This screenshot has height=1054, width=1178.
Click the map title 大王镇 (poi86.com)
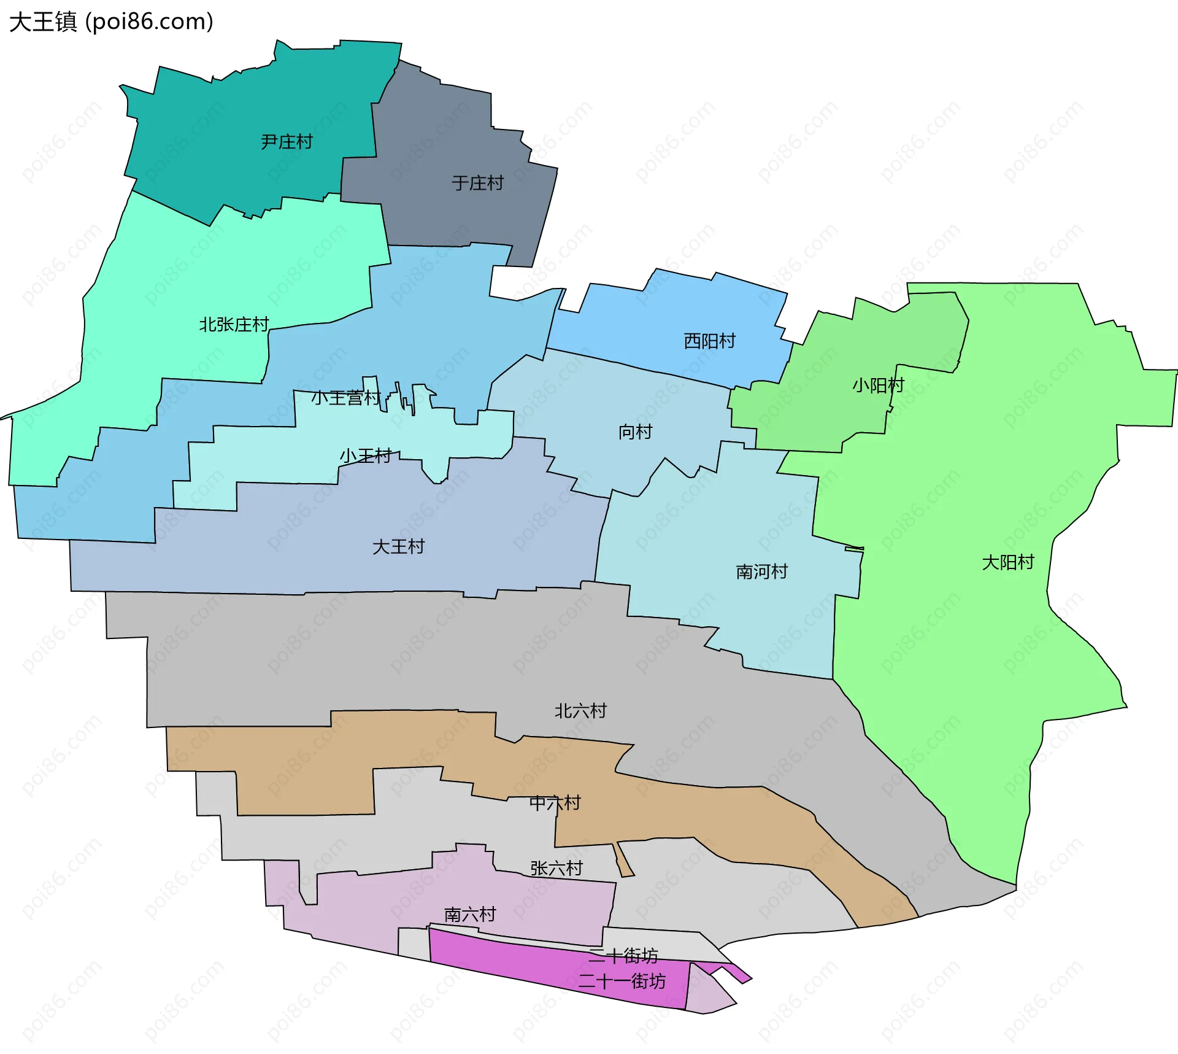coord(111,21)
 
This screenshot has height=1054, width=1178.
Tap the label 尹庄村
coord(287,142)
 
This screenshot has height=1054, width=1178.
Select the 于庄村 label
coord(477,183)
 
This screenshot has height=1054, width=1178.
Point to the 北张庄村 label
coord(234,324)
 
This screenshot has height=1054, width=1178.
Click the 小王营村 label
coord(345,398)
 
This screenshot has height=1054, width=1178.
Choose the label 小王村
coord(366,455)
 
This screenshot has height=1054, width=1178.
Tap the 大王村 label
coord(398,546)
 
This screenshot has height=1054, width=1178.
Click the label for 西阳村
coord(709,341)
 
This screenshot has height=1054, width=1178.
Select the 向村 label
coord(635,432)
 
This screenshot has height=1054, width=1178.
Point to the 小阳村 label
coord(878,385)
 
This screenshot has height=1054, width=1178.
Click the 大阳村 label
coord(1007,562)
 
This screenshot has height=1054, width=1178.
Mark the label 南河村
coord(761,572)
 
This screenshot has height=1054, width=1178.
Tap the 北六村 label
coord(580,711)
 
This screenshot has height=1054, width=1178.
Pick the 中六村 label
coord(555,803)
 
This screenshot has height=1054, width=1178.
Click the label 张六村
coord(556,868)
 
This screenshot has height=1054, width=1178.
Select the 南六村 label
coord(470,915)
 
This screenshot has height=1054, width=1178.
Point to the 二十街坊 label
coord(623,955)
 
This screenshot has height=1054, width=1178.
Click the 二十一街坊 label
coord(622,981)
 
